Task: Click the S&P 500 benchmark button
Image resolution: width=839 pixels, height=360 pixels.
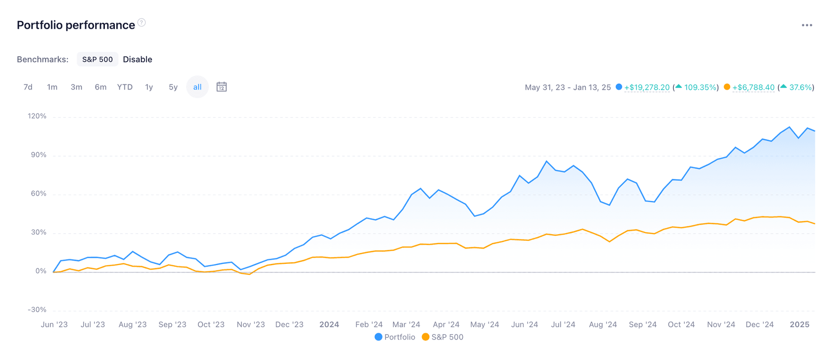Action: click(97, 59)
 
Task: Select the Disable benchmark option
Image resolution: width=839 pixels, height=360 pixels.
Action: click(137, 59)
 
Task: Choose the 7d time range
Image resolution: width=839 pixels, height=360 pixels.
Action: click(28, 87)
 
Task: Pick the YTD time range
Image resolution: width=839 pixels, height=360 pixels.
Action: click(125, 87)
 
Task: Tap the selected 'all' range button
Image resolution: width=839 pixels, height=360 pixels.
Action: click(198, 87)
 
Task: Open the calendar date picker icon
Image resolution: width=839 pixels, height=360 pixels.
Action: click(222, 87)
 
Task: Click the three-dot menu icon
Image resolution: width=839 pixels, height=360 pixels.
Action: click(807, 25)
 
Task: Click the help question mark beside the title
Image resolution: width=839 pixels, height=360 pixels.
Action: click(142, 22)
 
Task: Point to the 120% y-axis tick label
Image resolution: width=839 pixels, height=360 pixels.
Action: click(37, 116)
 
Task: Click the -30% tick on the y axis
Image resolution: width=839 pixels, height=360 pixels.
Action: click(37, 310)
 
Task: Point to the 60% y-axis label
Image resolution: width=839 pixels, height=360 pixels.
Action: click(38, 194)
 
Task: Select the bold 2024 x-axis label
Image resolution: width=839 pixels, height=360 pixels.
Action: click(329, 325)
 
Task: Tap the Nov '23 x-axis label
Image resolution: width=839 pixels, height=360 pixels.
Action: click(251, 325)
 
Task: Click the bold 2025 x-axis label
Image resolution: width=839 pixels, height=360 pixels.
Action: click(799, 325)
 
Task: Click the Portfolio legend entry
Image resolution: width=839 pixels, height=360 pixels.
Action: click(395, 337)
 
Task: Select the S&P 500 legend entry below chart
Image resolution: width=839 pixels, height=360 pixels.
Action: click(443, 337)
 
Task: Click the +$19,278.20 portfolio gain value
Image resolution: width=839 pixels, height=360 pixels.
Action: click(647, 87)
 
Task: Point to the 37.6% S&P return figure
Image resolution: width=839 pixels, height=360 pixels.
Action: click(801, 87)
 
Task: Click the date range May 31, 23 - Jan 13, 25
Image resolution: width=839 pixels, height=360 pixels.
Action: click(568, 87)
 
